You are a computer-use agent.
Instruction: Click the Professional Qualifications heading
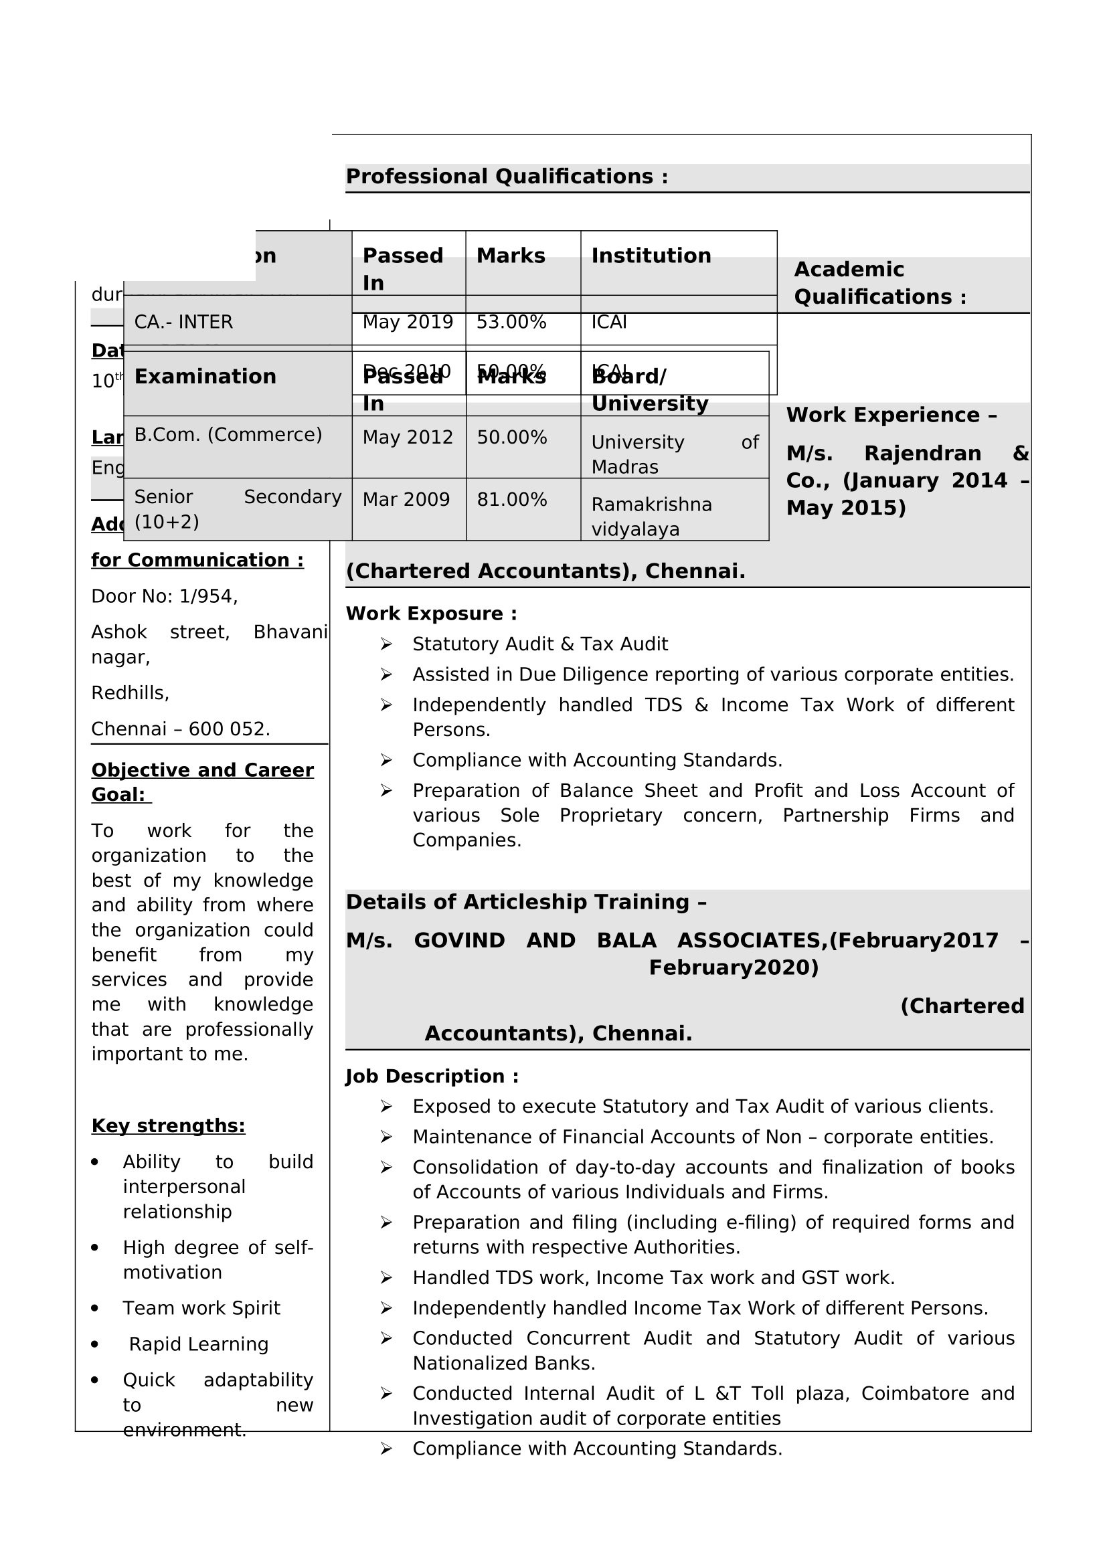[507, 177]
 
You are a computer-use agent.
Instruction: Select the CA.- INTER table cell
[183, 322]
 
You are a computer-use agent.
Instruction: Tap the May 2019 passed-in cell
[408, 322]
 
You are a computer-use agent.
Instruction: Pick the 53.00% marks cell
[511, 322]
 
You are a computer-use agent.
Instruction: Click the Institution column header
[651, 256]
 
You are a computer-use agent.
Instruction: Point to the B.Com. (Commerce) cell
[228, 435]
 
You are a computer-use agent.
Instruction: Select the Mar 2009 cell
[406, 500]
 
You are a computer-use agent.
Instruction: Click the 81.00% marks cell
[512, 500]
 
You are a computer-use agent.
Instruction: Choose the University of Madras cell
[674, 454]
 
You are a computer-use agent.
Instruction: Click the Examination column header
[205, 377]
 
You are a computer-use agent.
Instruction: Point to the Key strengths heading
[169, 1125]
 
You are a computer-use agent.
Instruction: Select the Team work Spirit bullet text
[201, 1308]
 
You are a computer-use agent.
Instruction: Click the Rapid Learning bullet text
[198, 1344]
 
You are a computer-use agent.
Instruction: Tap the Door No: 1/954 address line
[164, 596]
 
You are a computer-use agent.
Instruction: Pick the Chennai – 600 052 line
[181, 729]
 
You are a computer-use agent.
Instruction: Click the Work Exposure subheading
[432, 614]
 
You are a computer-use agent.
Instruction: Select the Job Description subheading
[432, 1077]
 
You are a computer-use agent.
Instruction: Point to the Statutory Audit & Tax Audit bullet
[540, 644]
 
